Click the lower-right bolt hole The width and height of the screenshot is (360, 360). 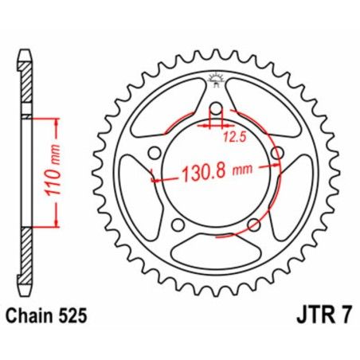(253, 225)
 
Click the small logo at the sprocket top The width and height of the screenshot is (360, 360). (213, 77)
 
